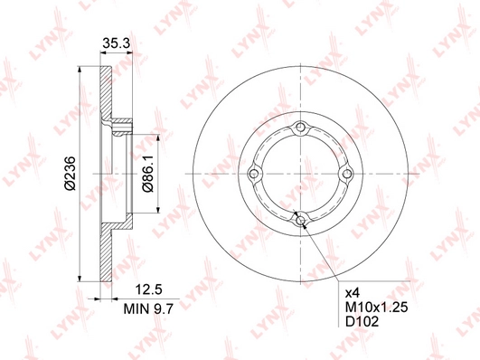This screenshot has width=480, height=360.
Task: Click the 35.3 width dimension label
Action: (116, 43)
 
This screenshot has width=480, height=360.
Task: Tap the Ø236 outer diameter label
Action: (70, 174)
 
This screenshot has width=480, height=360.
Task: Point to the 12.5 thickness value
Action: (149, 289)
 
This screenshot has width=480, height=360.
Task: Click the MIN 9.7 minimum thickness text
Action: (148, 308)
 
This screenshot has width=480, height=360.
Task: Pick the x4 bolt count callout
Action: (352, 294)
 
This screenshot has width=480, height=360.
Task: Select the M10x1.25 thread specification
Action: (377, 308)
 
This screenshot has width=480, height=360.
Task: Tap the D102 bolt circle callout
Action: (362, 321)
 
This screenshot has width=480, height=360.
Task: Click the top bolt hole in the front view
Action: (301, 128)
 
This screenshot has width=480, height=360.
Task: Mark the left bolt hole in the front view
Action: (254, 174)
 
